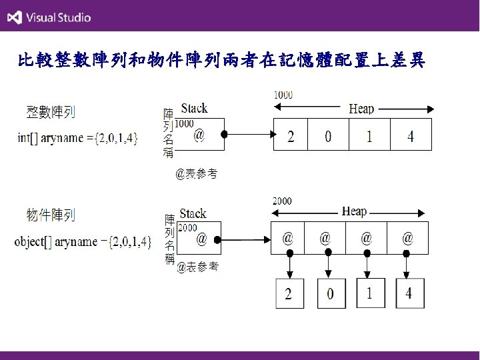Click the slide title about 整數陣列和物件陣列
click(x=221, y=62)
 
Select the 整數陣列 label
click(x=50, y=112)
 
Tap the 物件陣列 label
click(x=51, y=215)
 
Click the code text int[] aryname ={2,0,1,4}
click(x=77, y=138)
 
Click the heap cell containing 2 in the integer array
click(x=291, y=137)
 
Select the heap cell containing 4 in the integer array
click(x=411, y=137)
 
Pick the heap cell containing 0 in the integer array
click(x=328, y=137)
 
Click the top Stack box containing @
click(x=199, y=135)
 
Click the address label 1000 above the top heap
click(x=283, y=95)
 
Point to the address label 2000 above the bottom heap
click(x=281, y=201)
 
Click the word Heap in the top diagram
click(x=361, y=109)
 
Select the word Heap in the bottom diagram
click(x=354, y=211)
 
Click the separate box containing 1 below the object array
click(x=369, y=293)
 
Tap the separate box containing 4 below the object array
click(x=409, y=293)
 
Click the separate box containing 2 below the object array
click(x=289, y=293)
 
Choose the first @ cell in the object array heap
click(x=289, y=237)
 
